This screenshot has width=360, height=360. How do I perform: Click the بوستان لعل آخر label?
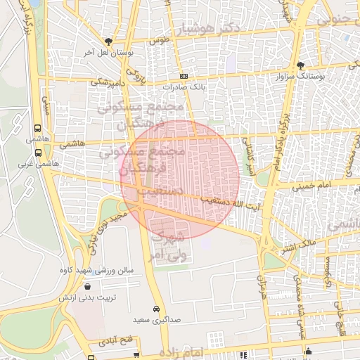tap(108, 53)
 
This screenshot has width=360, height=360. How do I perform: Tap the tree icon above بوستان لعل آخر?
tap(108, 41)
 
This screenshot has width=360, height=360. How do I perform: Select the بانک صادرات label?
tap(183, 88)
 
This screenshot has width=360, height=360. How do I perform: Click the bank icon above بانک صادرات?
tap(184, 76)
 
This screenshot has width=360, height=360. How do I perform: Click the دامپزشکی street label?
tap(108, 82)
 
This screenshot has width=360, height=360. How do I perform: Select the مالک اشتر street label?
tap(299, 245)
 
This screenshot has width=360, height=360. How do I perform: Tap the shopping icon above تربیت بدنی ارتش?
tap(86, 286)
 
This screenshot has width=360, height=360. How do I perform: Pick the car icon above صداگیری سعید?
tap(156, 309)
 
